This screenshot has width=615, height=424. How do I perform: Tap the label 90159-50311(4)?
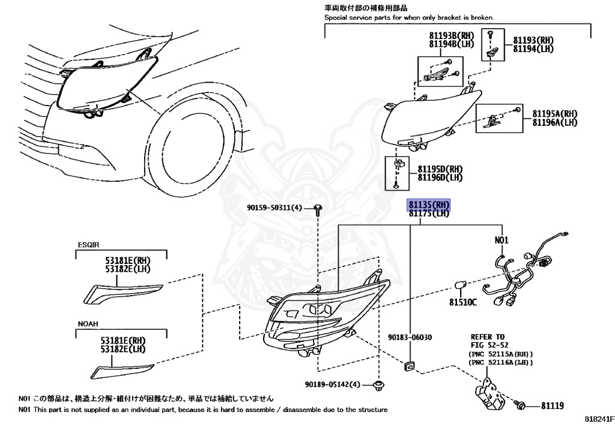click(x=274, y=208)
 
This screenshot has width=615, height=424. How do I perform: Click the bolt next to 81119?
click(x=521, y=406)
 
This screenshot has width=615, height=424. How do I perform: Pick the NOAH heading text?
click(x=88, y=324)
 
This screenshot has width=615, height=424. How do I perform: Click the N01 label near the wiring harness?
click(x=501, y=240)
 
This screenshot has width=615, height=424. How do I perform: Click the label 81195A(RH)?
click(x=554, y=113)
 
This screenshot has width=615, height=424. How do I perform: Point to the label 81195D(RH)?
click(x=431, y=170)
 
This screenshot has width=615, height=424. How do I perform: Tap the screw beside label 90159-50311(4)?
click(x=318, y=209)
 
